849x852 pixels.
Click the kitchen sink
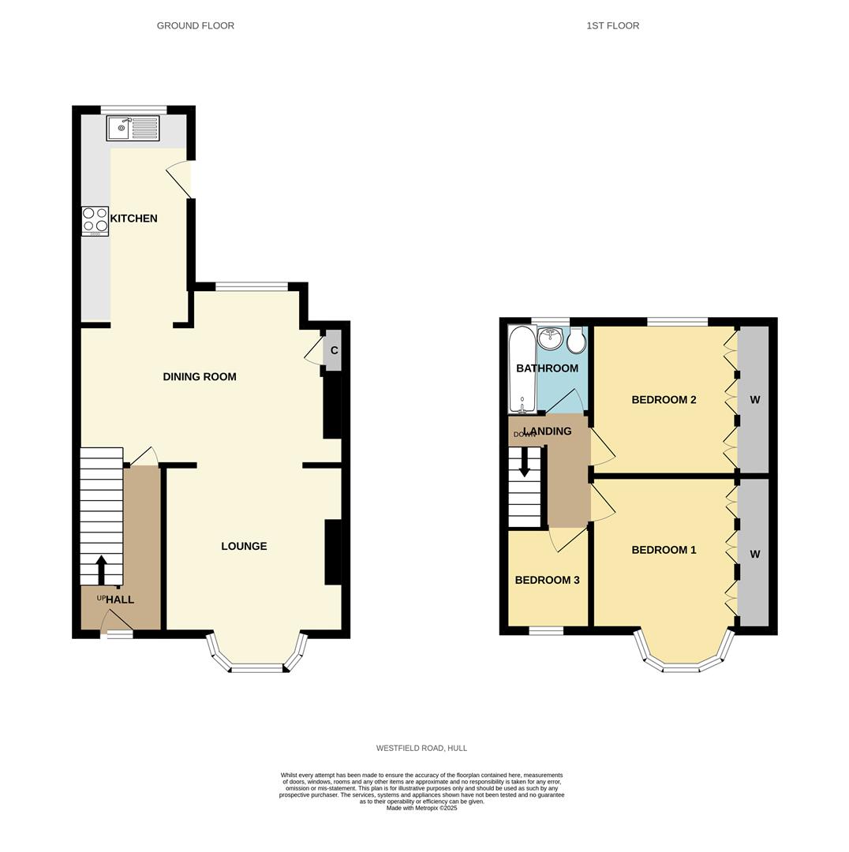click(133, 128)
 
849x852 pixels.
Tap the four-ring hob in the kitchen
click(95, 221)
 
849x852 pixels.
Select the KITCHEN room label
click(133, 219)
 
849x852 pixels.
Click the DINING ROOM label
click(200, 377)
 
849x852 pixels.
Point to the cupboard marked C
click(334, 350)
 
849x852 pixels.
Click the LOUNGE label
click(244, 546)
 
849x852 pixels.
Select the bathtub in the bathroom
click(522, 369)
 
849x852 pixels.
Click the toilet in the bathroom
click(576, 341)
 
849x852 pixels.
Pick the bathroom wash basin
click(550, 338)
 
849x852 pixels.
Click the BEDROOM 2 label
click(664, 400)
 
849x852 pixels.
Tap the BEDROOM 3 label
click(547, 580)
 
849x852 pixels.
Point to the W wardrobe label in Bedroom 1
click(754, 554)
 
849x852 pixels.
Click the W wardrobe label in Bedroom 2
click(754, 400)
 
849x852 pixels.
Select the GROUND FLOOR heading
click(195, 25)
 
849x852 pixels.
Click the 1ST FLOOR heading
click(612, 25)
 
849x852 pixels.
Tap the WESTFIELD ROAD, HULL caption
click(421, 748)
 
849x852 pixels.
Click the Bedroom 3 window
click(546, 630)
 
